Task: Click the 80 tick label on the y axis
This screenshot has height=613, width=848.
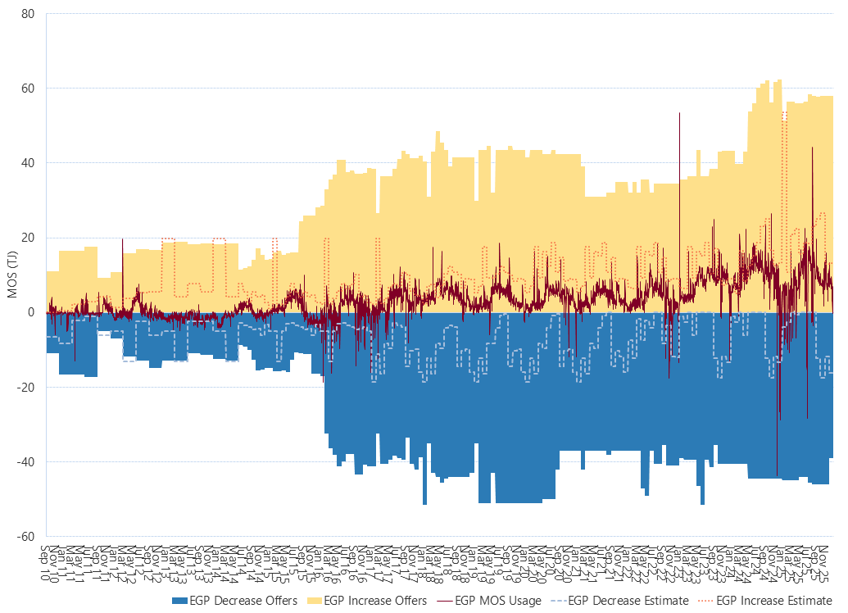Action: coord(29,13)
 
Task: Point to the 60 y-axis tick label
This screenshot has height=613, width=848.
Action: coord(29,88)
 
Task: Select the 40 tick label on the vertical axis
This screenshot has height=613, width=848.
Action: coord(29,163)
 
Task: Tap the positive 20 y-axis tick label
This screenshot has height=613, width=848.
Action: coord(29,238)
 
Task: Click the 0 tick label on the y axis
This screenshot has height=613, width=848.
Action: coord(31,312)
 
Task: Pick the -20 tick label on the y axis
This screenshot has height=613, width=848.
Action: coord(27,388)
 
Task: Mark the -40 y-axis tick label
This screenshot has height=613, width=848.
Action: coord(27,462)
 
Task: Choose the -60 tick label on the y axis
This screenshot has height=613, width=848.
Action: coord(27,537)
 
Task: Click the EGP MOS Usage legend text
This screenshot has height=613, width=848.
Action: coord(497,601)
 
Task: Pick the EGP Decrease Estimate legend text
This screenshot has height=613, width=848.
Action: coord(628,601)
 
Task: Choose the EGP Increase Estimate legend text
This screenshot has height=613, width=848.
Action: coord(774,601)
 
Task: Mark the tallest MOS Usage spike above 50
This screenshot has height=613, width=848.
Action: coord(679,115)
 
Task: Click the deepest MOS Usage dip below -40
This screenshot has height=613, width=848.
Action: coord(777,474)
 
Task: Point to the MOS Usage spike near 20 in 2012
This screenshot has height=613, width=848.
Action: coord(122,240)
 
